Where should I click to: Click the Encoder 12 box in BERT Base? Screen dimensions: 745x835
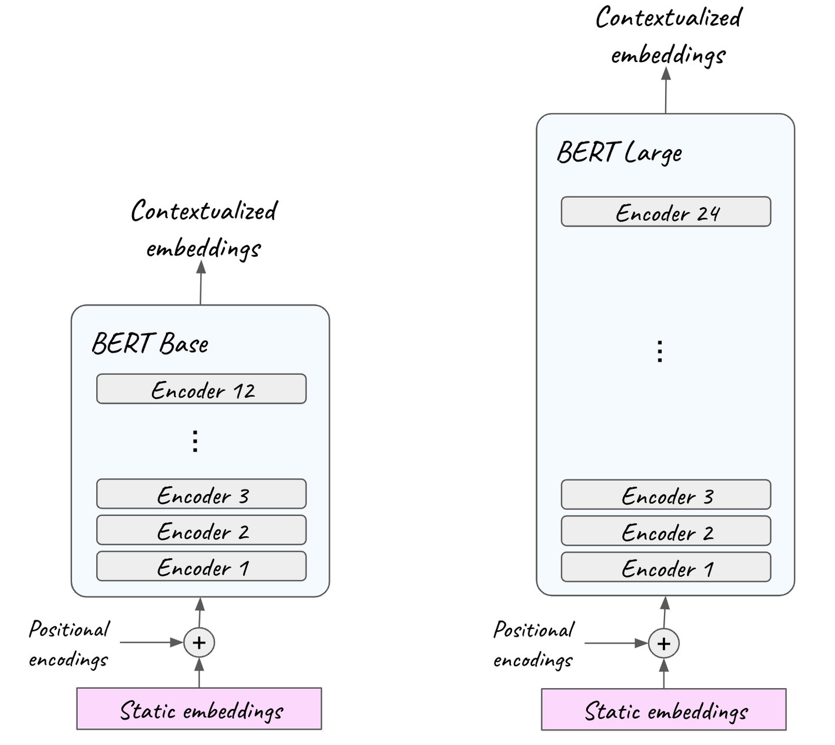point(201,389)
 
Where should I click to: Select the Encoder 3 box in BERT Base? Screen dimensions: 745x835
point(201,494)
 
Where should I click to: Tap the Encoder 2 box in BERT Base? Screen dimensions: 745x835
point(201,530)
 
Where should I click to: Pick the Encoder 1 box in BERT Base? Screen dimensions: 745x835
point(201,566)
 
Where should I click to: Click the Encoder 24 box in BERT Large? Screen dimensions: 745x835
point(666,212)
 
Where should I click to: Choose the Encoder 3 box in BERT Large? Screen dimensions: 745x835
point(666,495)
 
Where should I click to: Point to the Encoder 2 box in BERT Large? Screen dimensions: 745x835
point(666,531)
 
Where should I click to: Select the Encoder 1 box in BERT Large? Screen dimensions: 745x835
point(666,568)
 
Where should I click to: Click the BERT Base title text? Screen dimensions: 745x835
point(150,344)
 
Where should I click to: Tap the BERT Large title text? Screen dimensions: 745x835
point(619,153)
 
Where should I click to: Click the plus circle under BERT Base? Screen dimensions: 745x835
point(199,643)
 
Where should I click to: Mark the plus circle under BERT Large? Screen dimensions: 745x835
point(663,644)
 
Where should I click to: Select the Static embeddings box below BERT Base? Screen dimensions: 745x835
point(199,709)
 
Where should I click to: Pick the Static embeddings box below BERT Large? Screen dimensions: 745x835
point(663,710)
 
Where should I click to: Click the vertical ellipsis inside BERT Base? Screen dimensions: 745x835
point(195,441)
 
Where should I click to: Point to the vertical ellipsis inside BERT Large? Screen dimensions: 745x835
point(659,351)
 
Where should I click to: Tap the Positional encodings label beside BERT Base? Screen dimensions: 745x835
point(69,644)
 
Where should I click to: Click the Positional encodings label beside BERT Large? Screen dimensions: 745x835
point(533,644)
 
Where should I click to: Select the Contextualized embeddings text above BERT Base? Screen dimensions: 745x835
point(204,229)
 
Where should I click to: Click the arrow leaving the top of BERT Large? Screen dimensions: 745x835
point(666,91)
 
